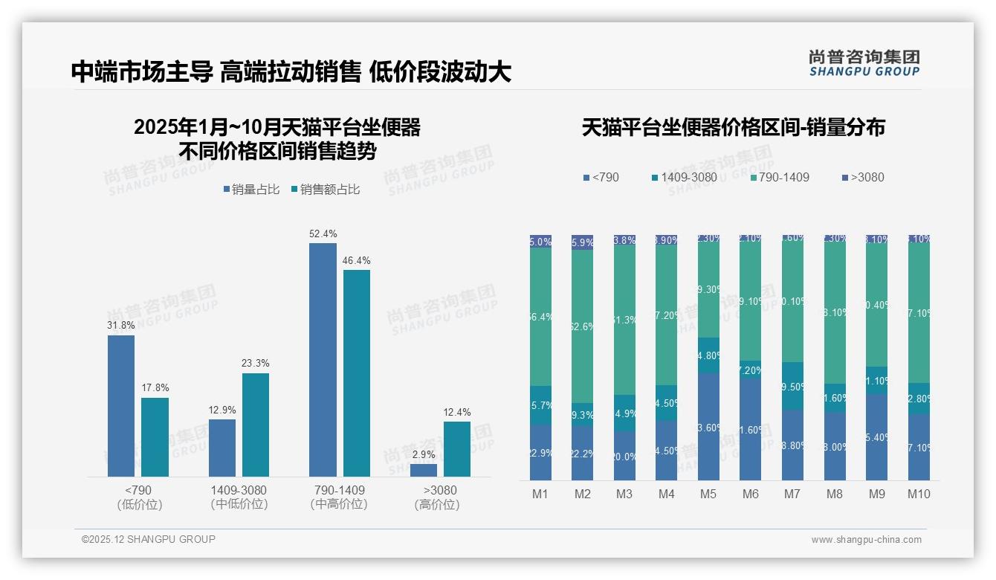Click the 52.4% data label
323,234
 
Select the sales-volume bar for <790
121,405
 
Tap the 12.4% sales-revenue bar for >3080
457,449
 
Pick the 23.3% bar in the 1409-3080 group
256,425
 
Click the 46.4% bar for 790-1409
357,373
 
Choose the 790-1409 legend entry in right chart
780,178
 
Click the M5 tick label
708,494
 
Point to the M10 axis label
919,494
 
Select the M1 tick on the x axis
540,494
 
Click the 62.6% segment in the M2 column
583,326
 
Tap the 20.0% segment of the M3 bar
624,456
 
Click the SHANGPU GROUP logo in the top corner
864,63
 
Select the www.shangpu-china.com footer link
866,540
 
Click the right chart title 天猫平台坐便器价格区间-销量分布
733,128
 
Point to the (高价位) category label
437,505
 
